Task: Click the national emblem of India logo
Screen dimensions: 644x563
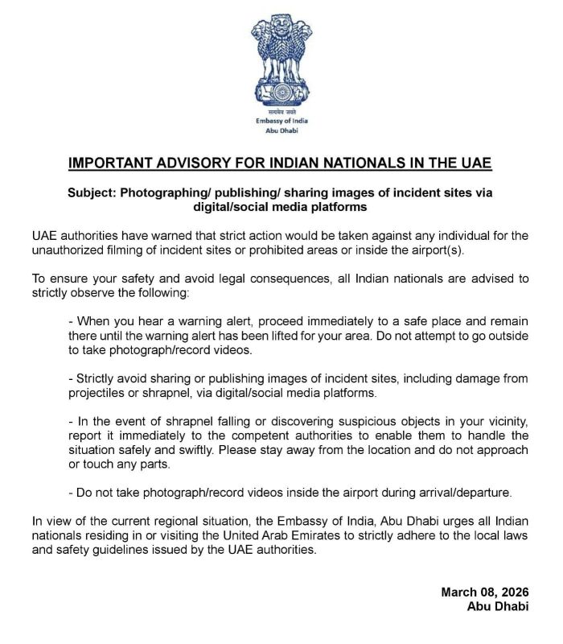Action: tap(281, 60)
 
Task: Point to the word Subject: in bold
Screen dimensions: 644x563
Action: tap(94, 193)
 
